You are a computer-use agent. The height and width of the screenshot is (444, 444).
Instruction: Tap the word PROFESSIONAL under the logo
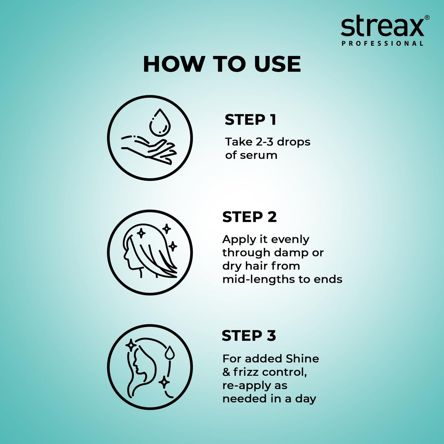coord(383,44)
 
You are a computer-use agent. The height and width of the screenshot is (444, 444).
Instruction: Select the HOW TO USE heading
coord(222,65)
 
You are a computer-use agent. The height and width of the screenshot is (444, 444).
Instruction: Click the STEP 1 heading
coord(250,120)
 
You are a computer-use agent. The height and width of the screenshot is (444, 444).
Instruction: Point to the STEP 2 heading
coord(249,217)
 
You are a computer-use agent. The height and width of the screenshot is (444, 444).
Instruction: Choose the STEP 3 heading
coord(249,336)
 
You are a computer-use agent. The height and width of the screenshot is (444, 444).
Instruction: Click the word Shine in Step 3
coord(302,359)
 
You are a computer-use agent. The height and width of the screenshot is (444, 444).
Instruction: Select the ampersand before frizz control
coord(226,372)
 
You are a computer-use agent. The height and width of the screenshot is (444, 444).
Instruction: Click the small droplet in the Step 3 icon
coord(169,353)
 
